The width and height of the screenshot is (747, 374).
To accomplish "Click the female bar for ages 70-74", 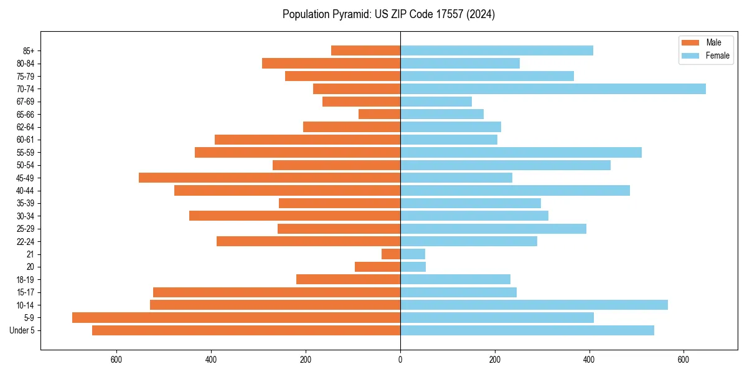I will point(553,89).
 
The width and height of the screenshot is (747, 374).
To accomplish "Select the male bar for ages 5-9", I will point(236,317).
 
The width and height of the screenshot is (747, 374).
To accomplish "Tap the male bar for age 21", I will point(391,254).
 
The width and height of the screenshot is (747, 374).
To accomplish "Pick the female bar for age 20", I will point(413,267).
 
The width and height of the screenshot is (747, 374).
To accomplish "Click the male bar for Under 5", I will point(246,330).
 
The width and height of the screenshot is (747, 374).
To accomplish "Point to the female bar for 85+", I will point(496,50).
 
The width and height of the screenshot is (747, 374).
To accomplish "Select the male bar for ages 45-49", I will point(269,178).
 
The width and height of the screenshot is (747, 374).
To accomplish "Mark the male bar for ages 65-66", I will point(379,114).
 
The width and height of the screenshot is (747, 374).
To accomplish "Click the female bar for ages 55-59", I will point(520,152).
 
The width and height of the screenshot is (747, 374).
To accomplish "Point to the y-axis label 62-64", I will point(26,127).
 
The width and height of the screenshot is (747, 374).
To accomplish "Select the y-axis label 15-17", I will point(26,292).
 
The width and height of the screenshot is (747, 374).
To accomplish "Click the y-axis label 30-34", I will point(26,216).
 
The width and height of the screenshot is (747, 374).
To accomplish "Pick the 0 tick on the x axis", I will point(400,360).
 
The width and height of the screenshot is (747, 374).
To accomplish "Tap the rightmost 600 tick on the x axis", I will point(684,360).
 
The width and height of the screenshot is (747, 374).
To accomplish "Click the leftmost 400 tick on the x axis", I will point(211,360).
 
